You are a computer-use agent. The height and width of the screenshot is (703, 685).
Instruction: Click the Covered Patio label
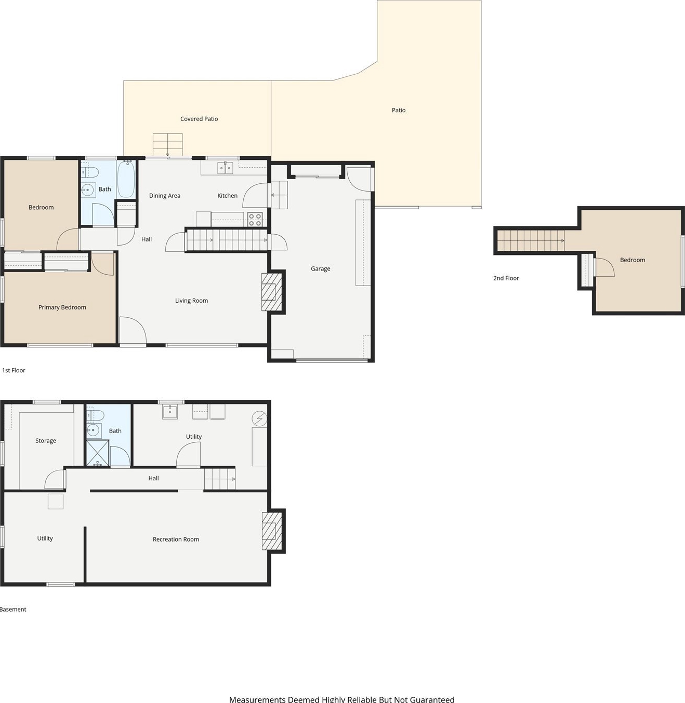[x=199, y=119]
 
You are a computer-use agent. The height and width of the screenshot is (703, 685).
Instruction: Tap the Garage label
[x=321, y=269]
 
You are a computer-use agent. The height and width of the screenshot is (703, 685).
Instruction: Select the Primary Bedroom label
[x=62, y=307]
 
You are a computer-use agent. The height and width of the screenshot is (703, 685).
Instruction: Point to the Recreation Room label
[x=176, y=539]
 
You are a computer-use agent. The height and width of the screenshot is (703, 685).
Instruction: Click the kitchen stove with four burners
[x=255, y=219]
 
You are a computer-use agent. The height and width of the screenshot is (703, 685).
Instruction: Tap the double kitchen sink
[x=226, y=168]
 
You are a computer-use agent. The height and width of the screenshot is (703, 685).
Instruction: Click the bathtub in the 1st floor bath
[x=126, y=179]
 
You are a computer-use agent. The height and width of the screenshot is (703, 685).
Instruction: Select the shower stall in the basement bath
[x=98, y=453]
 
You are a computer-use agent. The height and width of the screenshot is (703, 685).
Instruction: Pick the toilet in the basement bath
[x=95, y=415]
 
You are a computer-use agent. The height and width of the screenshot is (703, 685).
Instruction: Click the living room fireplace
[x=272, y=292]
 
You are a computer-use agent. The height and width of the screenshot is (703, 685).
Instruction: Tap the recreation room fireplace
[x=272, y=531]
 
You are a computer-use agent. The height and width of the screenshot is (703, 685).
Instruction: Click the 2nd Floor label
[x=506, y=278]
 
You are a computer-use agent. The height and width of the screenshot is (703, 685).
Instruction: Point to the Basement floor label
[x=13, y=610]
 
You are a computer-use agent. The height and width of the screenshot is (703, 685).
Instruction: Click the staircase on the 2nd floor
[x=531, y=240]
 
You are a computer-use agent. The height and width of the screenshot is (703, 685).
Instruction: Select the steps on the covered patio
[x=167, y=145]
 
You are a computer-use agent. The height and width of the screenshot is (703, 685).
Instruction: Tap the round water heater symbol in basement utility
[x=260, y=418]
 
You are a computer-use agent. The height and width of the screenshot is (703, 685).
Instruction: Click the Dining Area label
[x=165, y=196]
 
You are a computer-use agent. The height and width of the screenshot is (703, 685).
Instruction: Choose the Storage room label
[x=46, y=441]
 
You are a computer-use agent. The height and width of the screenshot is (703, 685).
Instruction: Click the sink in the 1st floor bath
[x=88, y=190]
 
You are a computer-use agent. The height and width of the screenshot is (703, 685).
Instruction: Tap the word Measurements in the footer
[x=257, y=699]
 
